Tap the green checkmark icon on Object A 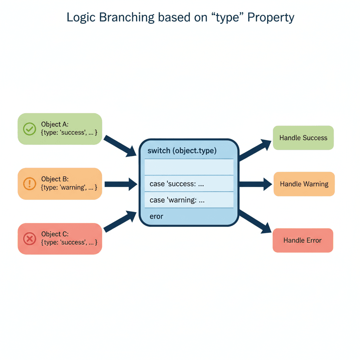(x=30, y=129)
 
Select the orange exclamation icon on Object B (x=30, y=184)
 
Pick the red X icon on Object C (x=30, y=239)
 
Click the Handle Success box (x=303, y=138)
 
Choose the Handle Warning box (x=304, y=184)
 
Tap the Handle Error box (x=303, y=240)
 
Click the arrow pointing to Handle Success (x=255, y=149)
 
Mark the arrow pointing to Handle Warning (x=255, y=184)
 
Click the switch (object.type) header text (x=182, y=151)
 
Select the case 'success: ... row (x=189, y=184)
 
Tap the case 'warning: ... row (x=189, y=200)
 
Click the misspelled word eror (x=156, y=216)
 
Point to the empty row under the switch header (x=189, y=167)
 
